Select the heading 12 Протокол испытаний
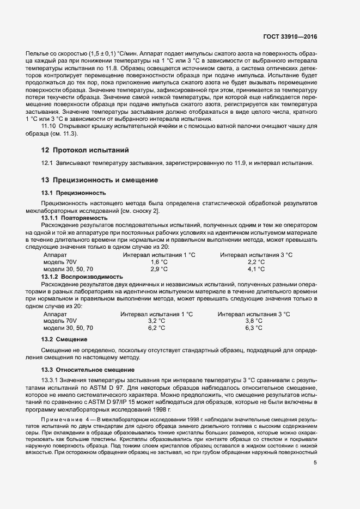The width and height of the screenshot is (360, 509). pyautogui.click(x=84, y=150)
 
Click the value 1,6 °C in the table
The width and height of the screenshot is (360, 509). pyautogui.click(x=159, y=247)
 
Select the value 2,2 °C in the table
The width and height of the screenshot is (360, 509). pyautogui.click(x=256, y=247)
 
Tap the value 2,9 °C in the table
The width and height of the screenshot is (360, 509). pyautogui.click(x=159, y=254)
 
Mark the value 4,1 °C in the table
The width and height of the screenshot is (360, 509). pyautogui.click(x=256, y=254)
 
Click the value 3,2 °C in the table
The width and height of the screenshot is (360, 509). pyautogui.click(x=157, y=321)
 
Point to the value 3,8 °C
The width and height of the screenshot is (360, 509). pyautogui.click(x=254, y=321)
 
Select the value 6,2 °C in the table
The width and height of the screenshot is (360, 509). pyautogui.click(x=157, y=328)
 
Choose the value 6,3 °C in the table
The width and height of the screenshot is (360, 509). pyautogui.click(x=254, y=328)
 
